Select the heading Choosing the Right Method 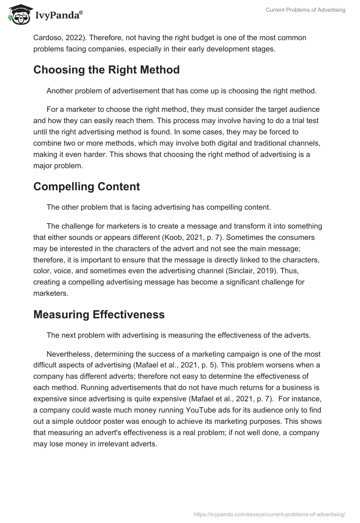[106, 70]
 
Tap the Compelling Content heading [86, 186]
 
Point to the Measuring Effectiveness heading [99, 314]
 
